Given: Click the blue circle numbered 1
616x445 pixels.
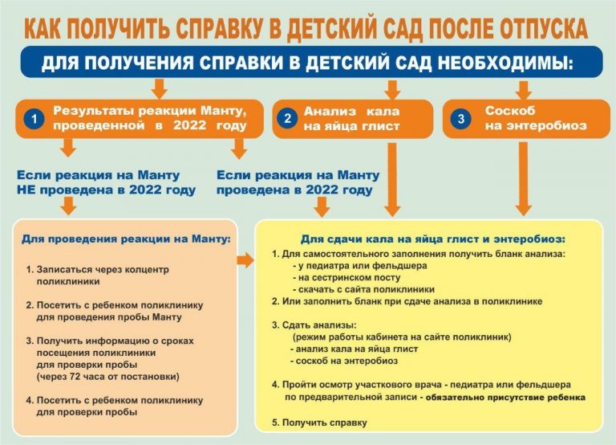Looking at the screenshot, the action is [34, 119].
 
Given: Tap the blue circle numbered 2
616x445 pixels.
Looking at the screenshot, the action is [288, 119].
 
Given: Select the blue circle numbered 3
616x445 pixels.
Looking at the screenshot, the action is [461, 119].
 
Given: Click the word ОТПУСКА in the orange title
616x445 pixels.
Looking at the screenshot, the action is [544, 28].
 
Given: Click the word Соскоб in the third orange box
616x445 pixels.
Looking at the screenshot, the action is [510, 111].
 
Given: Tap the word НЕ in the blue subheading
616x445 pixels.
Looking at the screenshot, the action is [26, 190].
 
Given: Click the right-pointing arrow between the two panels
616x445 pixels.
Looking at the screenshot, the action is [245, 260].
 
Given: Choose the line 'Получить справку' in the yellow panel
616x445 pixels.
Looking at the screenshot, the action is [325, 423].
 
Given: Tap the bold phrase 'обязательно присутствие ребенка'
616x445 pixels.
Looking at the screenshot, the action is [505, 398].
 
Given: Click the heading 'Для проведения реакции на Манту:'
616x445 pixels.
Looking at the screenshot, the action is [126, 239].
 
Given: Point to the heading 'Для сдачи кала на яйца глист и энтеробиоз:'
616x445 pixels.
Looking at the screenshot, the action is [433, 239].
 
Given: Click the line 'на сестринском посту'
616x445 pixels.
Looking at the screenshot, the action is [346, 277].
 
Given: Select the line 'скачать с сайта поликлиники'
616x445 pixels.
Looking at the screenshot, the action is [364, 290].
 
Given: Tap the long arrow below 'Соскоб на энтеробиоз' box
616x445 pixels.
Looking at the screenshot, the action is [523, 179].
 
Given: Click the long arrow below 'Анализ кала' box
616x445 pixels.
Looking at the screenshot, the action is [391, 180].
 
